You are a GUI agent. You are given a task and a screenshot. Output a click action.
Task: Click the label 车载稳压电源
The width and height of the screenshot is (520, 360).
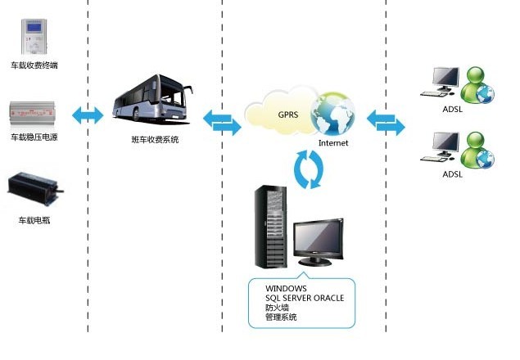tap(34, 137)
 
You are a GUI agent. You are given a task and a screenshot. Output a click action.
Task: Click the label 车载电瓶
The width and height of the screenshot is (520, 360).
tap(34, 221)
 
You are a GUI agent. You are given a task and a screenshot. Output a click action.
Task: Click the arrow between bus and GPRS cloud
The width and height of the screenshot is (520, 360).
tap(221, 121)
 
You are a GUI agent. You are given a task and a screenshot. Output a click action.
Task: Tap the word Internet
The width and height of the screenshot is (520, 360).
tap(333, 143)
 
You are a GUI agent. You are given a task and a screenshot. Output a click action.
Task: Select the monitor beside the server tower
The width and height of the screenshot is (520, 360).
tap(316, 241)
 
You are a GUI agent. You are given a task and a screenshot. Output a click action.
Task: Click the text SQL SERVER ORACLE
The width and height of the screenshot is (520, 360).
tap(305, 298)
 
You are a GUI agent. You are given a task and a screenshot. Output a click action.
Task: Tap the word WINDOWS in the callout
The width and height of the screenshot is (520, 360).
tap(286, 288)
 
